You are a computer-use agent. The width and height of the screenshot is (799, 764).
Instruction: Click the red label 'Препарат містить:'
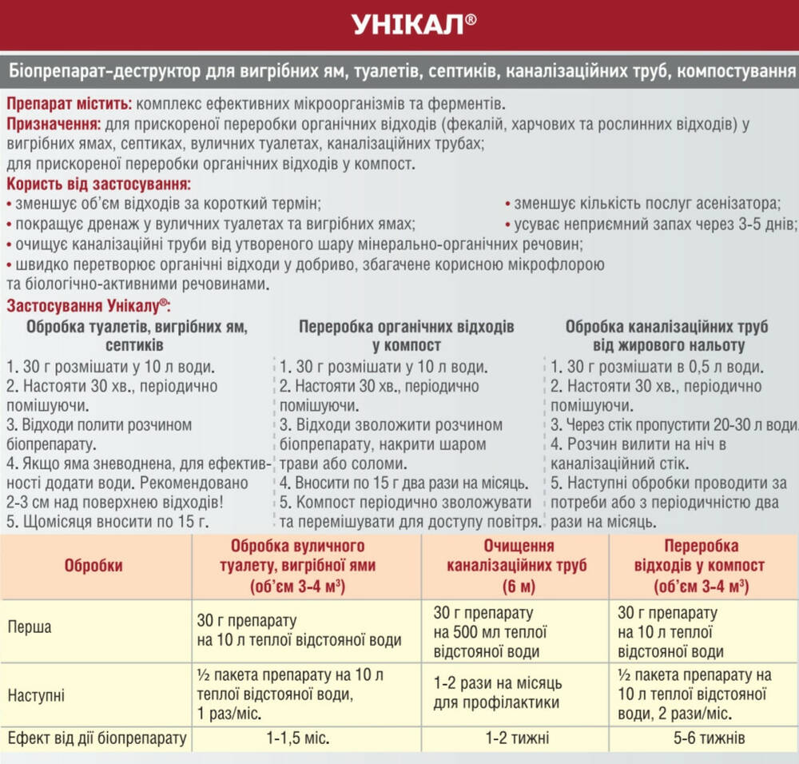click(x=70, y=104)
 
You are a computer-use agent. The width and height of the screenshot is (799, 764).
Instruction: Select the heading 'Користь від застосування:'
click(x=92, y=184)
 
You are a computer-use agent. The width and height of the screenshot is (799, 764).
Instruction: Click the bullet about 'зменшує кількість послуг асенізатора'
click(x=646, y=203)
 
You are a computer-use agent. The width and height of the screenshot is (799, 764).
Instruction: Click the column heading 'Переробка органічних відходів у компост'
click(x=407, y=336)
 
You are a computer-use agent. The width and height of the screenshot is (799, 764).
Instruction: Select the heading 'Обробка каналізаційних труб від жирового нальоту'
click(x=667, y=336)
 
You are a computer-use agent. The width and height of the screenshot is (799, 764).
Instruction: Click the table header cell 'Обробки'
click(x=93, y=566)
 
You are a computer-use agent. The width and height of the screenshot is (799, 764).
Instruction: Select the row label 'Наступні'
click(x=36, y=694)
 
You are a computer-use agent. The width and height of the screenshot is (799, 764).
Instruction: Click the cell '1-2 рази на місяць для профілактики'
click(x=498, y=694)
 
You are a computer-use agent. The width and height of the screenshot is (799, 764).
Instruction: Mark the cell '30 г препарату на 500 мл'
click(x=490, y=632)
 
